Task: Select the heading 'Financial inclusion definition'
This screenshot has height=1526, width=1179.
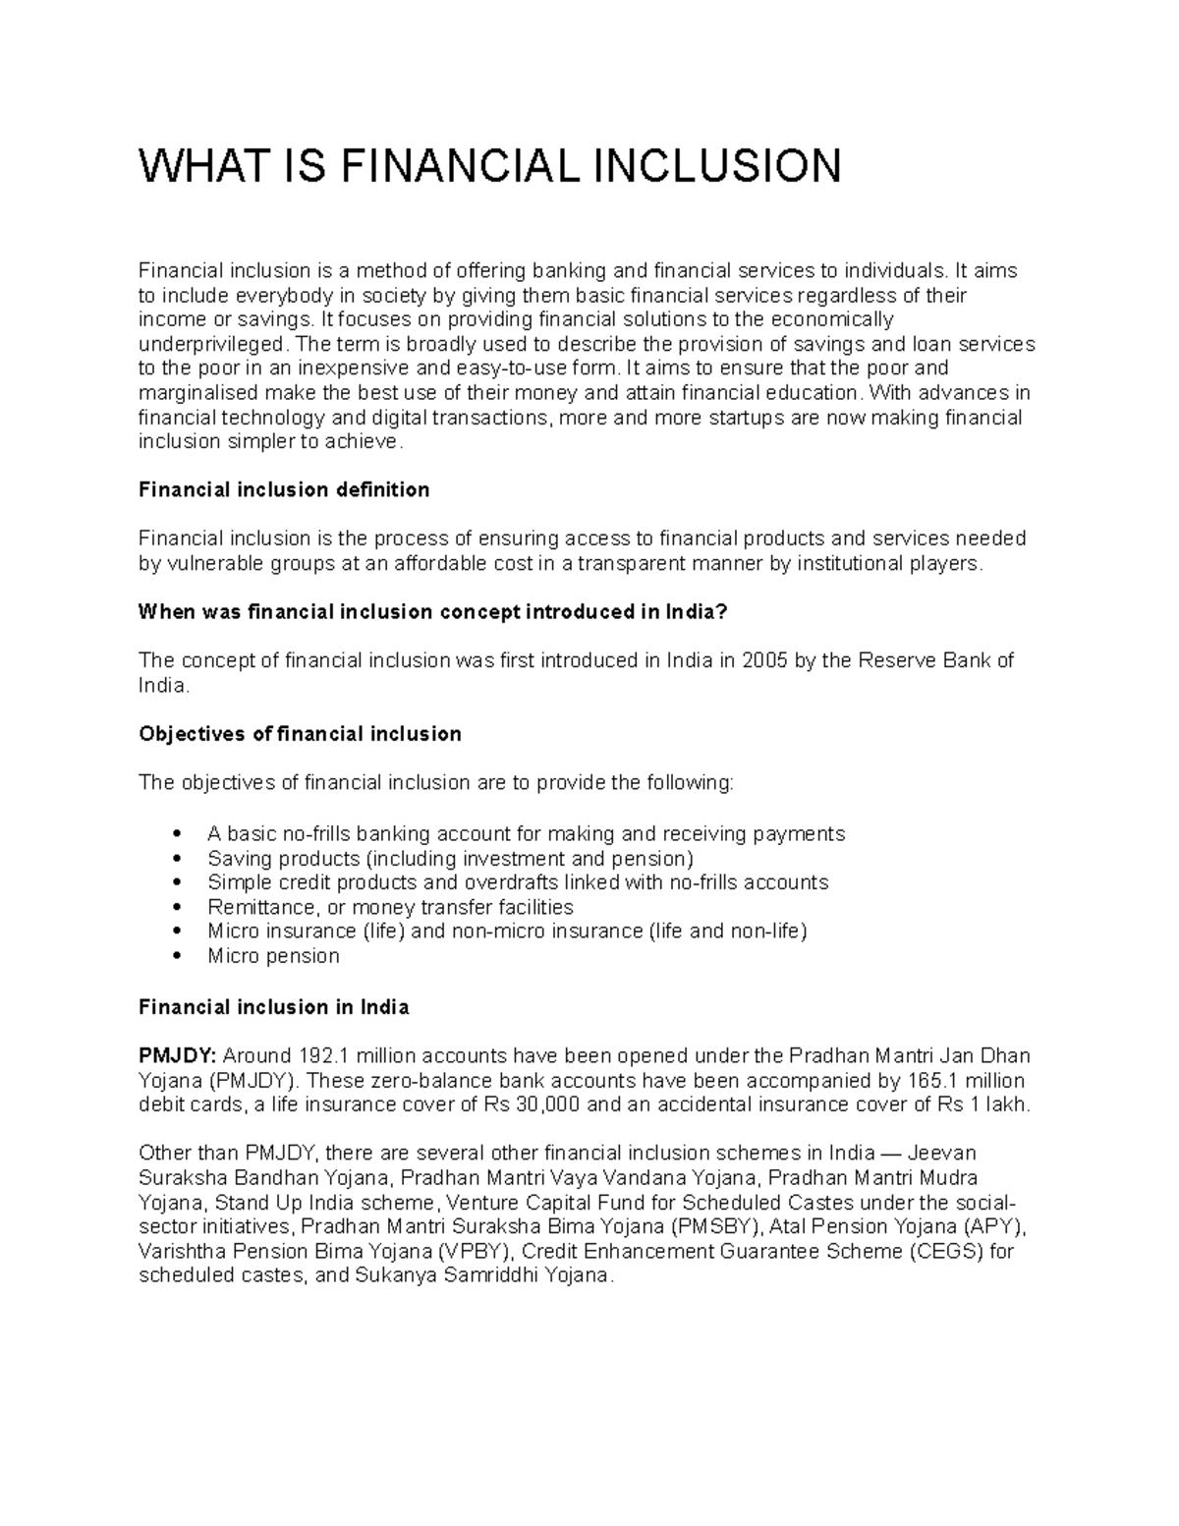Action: coord(284,489)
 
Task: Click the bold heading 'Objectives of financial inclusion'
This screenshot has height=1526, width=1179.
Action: coord(300,734)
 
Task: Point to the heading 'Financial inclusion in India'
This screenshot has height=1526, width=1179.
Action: coord(273,1007)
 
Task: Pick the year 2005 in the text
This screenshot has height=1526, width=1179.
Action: coord(764,660)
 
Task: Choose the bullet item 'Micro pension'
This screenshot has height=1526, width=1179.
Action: coord(273,956)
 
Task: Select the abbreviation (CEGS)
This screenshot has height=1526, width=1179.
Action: coord(946,1252)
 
